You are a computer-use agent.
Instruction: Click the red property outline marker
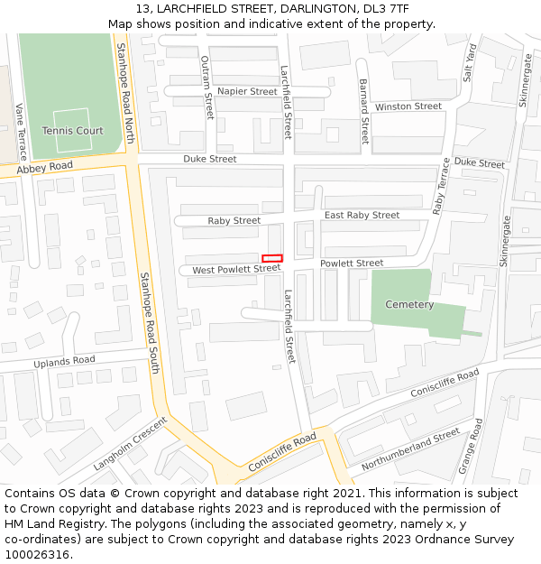[x=272, y=258]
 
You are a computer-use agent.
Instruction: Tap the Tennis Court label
[x=72, y=131]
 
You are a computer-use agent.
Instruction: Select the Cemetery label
[x=409, y=304]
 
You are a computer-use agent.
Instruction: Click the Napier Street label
[x=247, y=91]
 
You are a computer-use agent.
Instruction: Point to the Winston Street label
[x=408, y=106]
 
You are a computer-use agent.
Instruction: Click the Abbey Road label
[x=44, y=167]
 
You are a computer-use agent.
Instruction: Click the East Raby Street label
[x=362, y=215]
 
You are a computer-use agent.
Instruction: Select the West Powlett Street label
[x=236, y=269]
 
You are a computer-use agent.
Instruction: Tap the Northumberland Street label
[x=410, y=449]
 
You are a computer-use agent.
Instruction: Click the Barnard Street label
[x=363, y=112]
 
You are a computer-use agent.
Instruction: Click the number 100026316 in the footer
[x=37, y=554]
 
